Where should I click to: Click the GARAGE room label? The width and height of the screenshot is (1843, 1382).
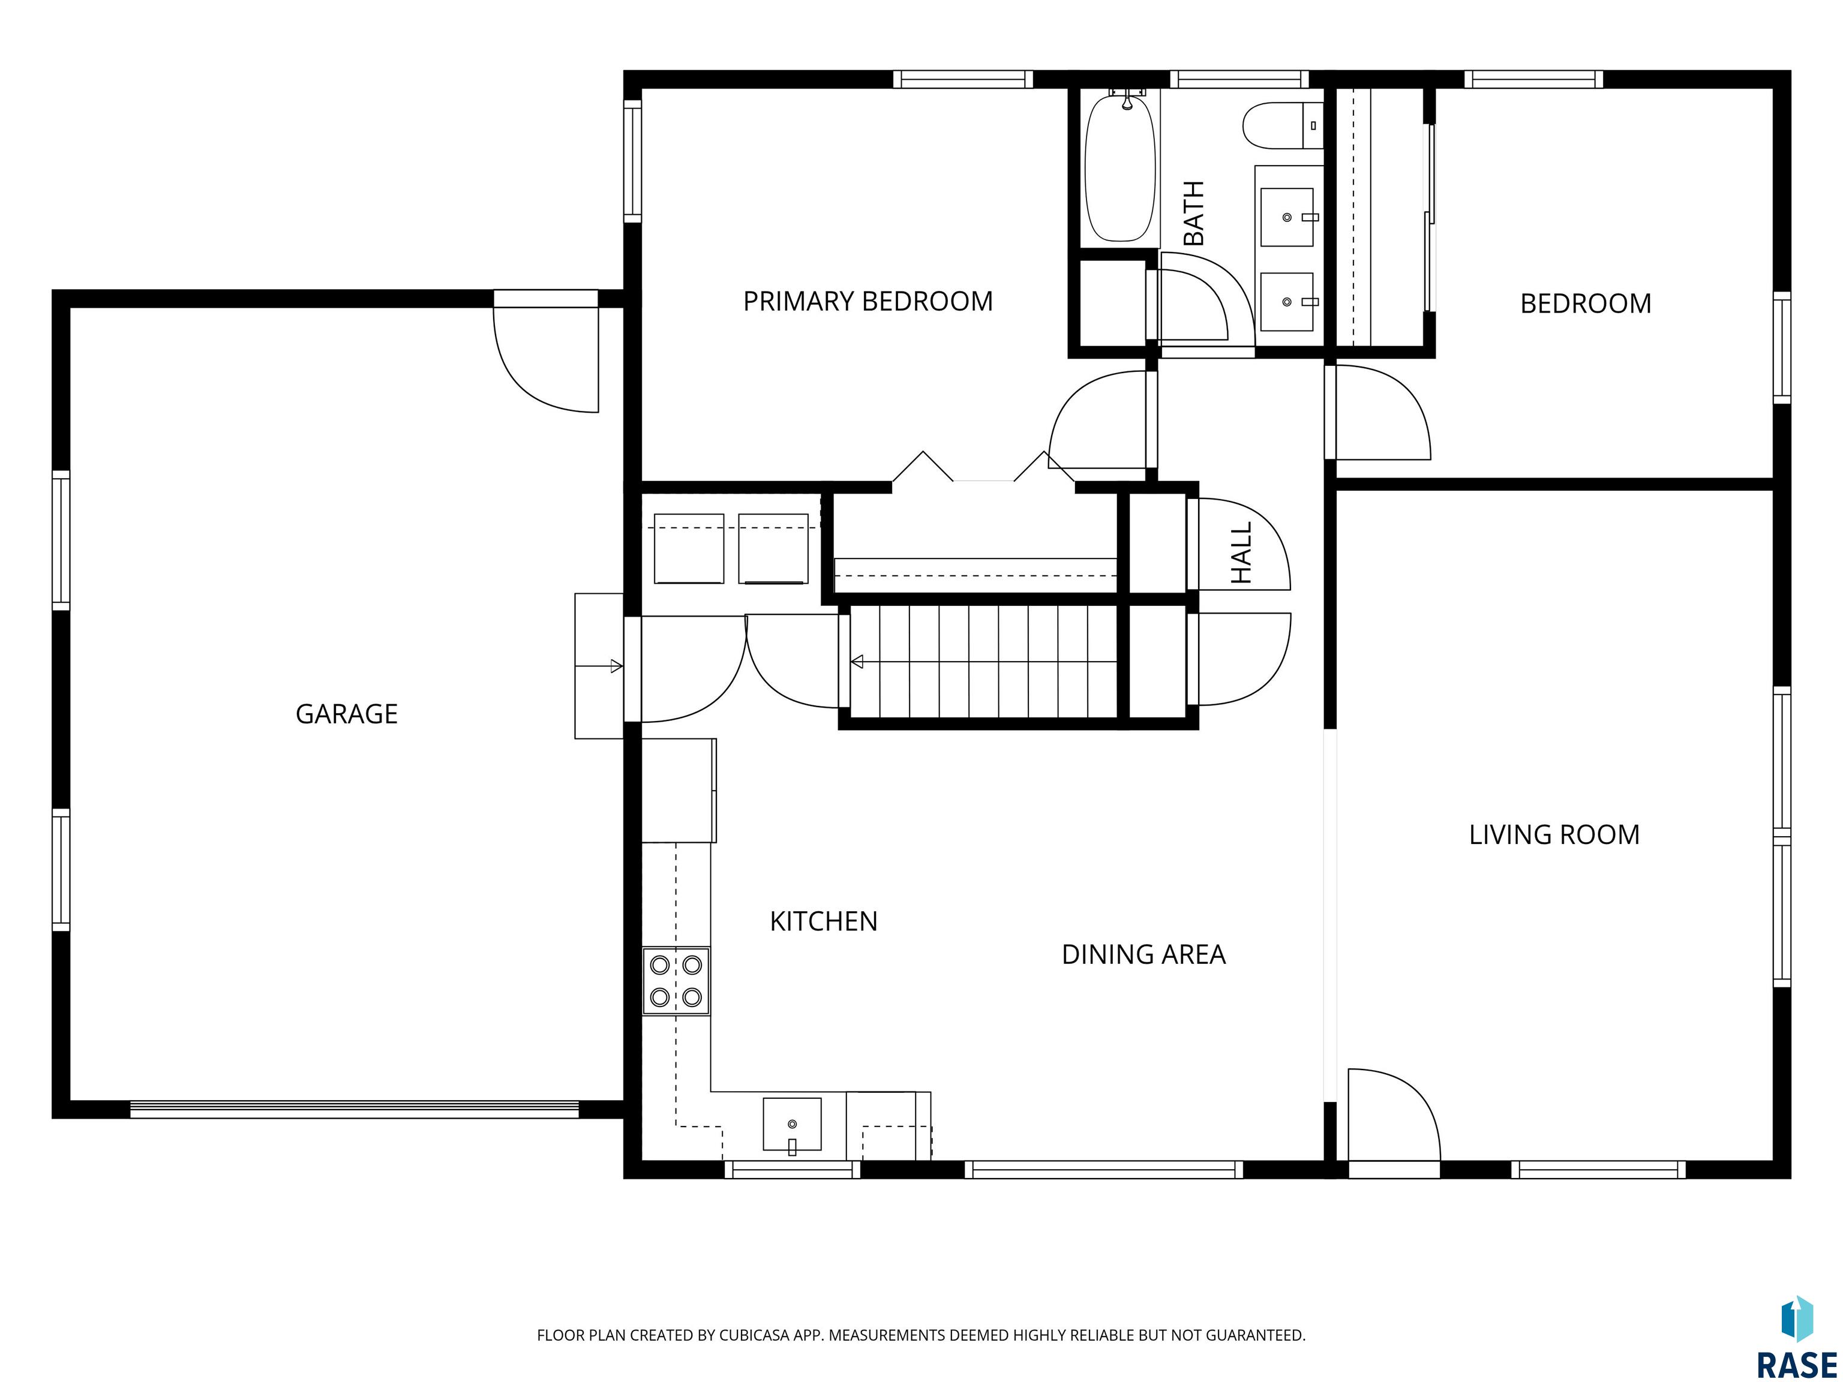[x=347, y=714]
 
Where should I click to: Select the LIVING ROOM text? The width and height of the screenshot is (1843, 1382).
[x=1554, y=835]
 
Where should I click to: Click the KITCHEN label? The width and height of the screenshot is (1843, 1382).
[x=823, y=921]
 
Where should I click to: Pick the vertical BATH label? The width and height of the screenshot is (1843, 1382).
[x=1194, y=214]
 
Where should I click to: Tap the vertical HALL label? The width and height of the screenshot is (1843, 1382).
[x=1241, y=553]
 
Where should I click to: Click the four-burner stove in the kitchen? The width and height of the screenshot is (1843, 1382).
[x=676, y=981]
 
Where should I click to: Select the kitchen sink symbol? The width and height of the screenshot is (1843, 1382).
[x=791, y=1125]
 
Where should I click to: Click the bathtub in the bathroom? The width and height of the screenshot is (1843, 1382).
[x=1121, y=167]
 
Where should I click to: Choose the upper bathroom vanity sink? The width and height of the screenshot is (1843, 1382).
[x=1287, y=217]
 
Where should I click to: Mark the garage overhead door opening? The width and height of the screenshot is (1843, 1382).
[x=354, y=1110]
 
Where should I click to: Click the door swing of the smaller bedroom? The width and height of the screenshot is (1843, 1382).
[x=1383, y=412]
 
